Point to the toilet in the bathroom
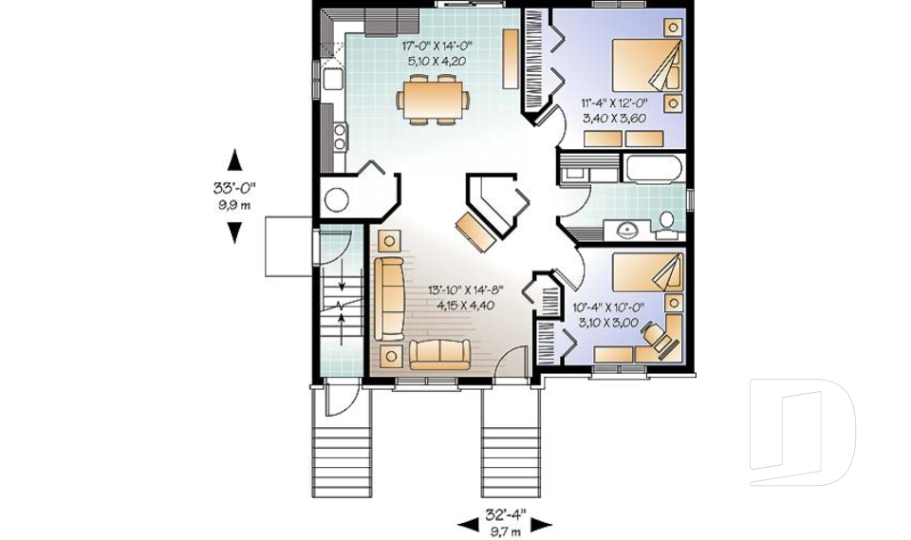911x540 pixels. (x=666, y=223)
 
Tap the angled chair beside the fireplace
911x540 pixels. (x=474, y=231)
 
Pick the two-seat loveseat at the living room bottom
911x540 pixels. (x=439, y=354)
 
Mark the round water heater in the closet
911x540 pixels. (x=337, y=199)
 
